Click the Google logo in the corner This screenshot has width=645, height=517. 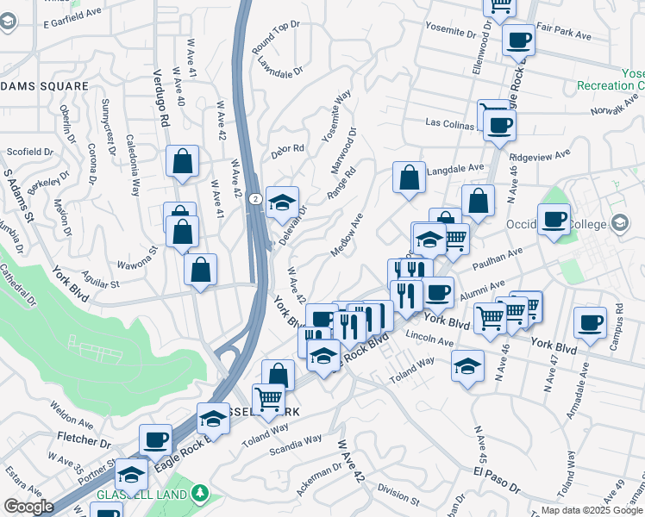tap(28, 507)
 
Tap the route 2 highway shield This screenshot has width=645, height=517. tap(255, 198)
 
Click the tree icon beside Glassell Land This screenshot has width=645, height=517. tap(200, 493)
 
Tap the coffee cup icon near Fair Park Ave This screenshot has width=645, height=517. tap(519, 40)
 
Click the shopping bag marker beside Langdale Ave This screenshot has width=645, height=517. tap(410, 178)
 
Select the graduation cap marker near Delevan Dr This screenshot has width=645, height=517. tap(282, 202)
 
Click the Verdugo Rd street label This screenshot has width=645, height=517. tap(160, 99)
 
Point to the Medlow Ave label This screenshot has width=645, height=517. tap(347, 235)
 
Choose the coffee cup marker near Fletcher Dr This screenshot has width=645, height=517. tap(155, 439)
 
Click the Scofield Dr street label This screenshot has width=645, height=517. tap(30, 152)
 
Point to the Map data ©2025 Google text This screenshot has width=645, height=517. tap(592, 510)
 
